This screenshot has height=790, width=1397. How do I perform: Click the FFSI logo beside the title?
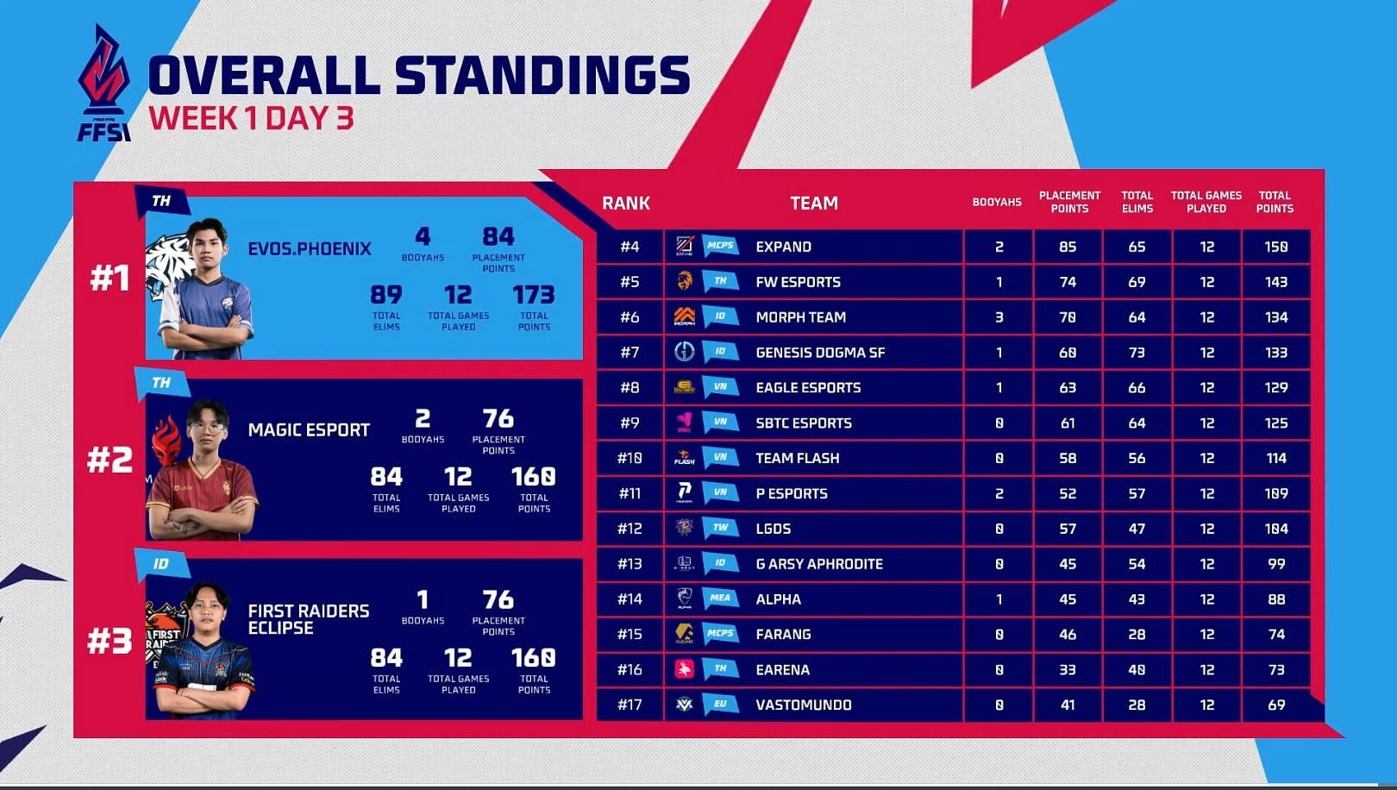[103, 84]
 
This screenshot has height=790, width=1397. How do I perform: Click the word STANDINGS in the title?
[542, 75]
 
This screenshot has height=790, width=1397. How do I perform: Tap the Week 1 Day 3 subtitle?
[251, 118]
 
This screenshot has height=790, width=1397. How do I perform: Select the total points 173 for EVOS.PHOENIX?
[533, 296]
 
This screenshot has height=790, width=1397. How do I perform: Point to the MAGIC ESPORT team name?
[309, 429]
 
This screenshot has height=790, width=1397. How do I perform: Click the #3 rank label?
[110, 641]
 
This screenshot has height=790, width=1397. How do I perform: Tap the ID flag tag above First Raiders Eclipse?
[161, 564]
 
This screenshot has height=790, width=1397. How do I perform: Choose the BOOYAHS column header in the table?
[997, 203]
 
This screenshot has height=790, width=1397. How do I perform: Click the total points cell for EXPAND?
[1275, 247]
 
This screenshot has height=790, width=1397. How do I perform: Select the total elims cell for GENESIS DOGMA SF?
[1137, 353]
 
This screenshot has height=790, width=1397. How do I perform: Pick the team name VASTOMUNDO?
[803, 705]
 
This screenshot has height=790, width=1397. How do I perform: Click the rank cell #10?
[630, 458]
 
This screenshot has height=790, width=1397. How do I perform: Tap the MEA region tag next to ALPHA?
[720, 599]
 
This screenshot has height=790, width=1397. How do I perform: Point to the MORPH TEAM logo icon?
[684, 317]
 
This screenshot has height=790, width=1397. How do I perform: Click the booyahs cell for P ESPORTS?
[999, 493]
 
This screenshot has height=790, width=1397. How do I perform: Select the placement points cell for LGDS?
[1068, 529]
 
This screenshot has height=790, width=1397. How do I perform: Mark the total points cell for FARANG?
[1275, 634]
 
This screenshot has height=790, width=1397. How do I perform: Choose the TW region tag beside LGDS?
[720, 528]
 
